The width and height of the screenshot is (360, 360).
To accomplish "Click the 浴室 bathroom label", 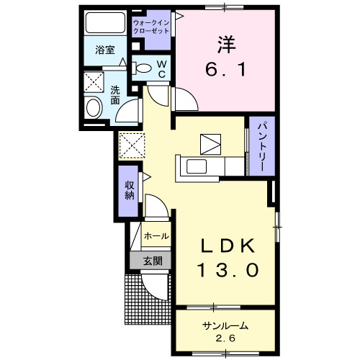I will [105, 50].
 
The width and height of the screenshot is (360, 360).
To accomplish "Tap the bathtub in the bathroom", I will [105, 24].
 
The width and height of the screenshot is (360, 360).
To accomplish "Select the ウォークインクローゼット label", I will [150, 28].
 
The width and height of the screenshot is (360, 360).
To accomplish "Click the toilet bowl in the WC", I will [145, 69].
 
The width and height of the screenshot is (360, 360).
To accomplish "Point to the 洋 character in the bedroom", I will [227, 43].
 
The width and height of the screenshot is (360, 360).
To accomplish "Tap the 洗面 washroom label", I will [115, 94].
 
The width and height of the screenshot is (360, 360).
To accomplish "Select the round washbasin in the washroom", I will [94, 109].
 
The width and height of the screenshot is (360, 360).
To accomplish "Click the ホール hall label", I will [157, 236].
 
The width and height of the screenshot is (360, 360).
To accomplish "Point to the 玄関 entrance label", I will [152, 261].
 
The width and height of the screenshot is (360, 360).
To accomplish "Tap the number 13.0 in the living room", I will [226, 271].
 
